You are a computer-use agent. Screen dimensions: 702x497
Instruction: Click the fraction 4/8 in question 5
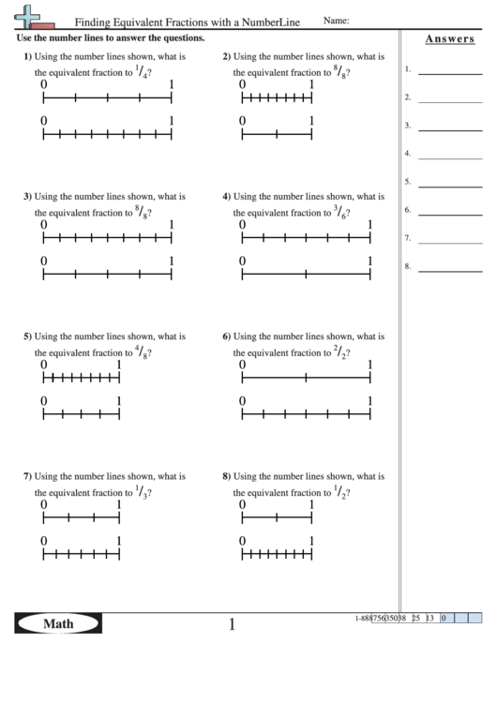tap(143, 352)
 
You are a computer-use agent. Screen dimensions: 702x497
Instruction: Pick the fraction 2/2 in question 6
tap(341, 352)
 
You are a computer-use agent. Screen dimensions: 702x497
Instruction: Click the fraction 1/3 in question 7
tap(143, 492)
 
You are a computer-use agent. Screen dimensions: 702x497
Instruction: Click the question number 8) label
tap(226, 476)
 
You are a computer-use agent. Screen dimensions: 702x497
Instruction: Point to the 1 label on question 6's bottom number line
tap(370, 401)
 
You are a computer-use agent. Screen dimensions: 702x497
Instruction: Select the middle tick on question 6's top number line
tap(307, 378)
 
